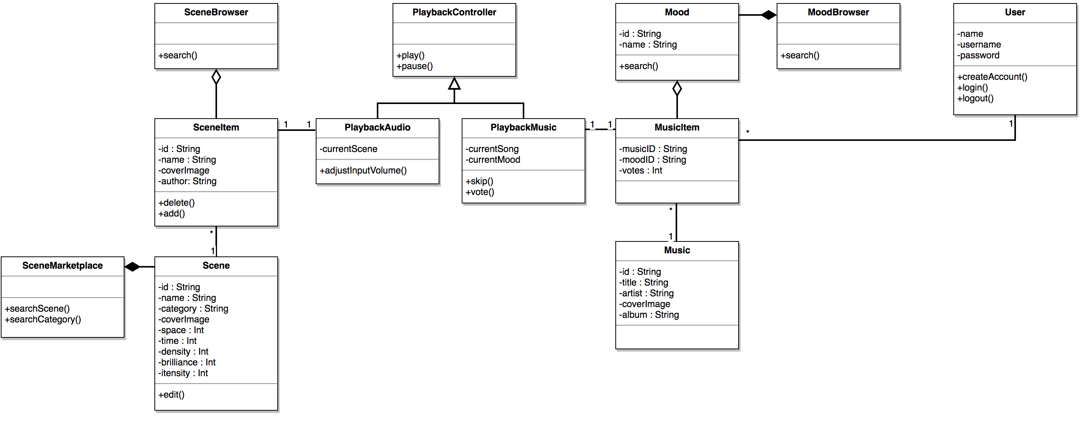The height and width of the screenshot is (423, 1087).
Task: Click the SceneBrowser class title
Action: [x=215, y=12]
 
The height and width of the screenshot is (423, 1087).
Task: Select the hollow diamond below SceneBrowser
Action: [x=216, y=77]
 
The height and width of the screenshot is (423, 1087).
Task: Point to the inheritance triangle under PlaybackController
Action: [x=454, y=84]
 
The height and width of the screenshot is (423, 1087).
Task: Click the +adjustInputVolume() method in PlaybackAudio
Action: [x=363, y=170]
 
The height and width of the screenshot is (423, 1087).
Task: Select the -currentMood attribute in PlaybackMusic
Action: [x=492, y=160]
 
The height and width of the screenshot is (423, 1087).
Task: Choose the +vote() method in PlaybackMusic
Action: [x=480, y=192]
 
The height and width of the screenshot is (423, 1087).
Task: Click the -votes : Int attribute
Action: [x=640, y=171]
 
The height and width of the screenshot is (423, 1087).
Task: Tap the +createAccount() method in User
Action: [x=992, y=77]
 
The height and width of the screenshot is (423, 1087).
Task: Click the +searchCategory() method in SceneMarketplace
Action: [x=43, y=320]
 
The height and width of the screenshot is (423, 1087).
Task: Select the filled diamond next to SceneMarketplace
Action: [x=133, y=266]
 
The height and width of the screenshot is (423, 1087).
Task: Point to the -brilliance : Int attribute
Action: [x=187, y=362]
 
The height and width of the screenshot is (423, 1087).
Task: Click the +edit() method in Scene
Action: [x=171, y=395]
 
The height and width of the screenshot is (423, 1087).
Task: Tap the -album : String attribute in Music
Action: [x=649, y=315]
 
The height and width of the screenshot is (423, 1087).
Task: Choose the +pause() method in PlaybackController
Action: [x=414, y=66]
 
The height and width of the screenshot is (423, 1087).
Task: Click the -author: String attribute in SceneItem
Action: [x=187, y=181]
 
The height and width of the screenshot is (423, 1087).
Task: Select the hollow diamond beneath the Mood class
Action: [x=677, y=89]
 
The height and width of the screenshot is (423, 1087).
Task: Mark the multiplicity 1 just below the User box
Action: [x=1011, y=124]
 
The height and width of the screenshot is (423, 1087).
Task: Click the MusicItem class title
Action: [x=677, y=127]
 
